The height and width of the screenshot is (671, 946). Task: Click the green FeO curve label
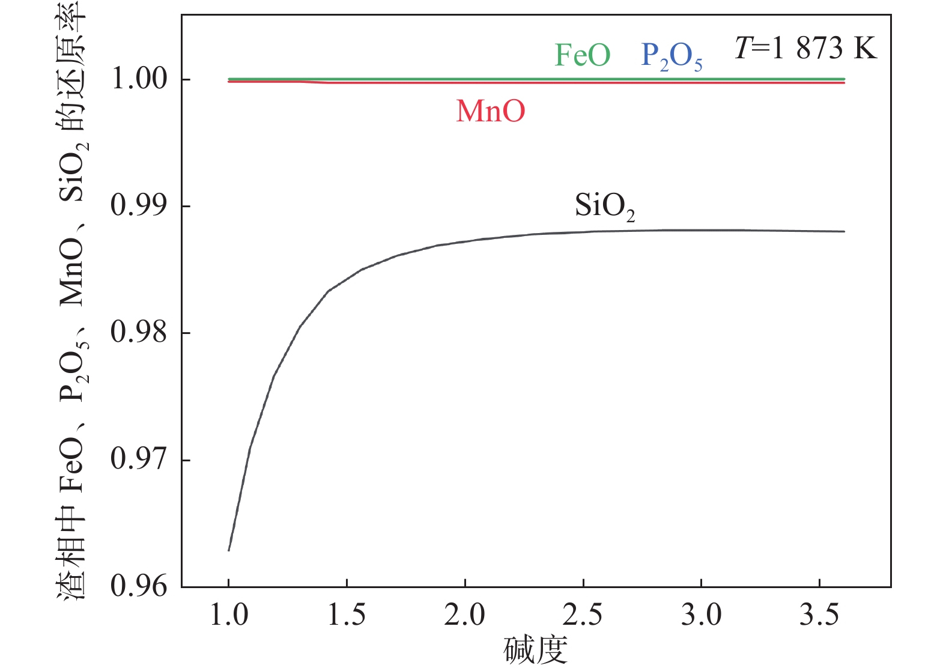point(582,55)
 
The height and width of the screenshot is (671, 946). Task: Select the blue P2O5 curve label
point(672,56)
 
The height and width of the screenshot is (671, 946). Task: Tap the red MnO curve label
point(490,111)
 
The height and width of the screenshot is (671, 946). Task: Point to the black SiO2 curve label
point(604,206)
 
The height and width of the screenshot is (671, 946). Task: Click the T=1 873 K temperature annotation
point(805,48)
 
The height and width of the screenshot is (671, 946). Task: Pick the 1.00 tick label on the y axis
point(139,79)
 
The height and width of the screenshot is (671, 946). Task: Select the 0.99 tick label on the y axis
point(139,205)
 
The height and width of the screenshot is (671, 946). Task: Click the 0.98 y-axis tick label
point(139,332)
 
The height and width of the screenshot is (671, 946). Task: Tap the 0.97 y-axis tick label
point(139,460)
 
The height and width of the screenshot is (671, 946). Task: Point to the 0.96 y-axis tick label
point(139,586)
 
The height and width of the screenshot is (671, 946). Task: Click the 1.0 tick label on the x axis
point(229,615)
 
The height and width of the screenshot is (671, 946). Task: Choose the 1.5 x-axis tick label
point(347,615)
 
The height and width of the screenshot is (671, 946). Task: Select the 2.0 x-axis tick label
point(465,615)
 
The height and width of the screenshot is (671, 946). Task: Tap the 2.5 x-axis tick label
point(583,615)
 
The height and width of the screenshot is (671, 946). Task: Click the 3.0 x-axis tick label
point(701,615)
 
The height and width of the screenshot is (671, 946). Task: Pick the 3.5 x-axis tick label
point(819,615)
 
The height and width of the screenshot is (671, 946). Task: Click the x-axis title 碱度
point(535,650)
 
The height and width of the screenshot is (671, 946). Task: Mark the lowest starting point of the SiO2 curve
point(229,550)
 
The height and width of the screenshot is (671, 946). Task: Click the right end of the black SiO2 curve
point(844,231)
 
